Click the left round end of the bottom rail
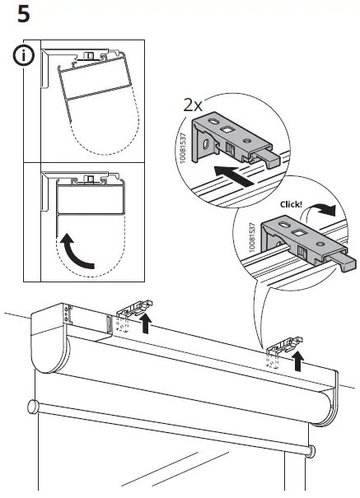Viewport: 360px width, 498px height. pyautogui.click(x=32, y=406)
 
